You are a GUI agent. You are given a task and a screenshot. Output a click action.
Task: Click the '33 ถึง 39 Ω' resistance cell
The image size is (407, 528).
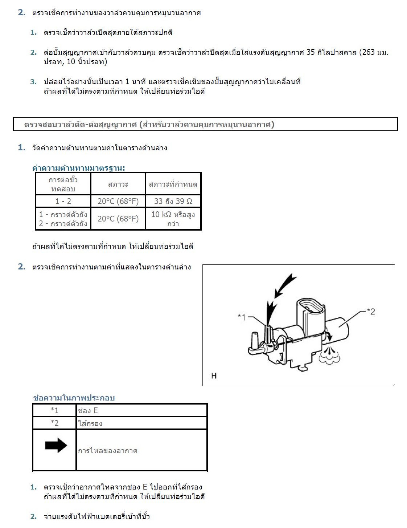[173, 201]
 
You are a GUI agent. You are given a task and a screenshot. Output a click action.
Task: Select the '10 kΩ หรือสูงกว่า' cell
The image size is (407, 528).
[173, 219]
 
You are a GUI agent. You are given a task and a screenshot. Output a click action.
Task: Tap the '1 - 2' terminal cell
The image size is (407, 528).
[63, 201]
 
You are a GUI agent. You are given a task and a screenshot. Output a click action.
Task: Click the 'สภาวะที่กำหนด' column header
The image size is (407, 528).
[173, 184]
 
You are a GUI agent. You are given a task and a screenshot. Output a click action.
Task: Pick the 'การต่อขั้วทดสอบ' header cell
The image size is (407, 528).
[63, 184]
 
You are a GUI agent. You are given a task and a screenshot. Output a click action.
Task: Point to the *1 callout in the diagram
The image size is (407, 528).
[242, 317]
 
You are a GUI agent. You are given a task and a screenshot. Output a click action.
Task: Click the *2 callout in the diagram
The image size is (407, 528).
[371, 312]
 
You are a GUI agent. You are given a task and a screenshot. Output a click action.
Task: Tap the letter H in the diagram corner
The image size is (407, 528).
[214, 376]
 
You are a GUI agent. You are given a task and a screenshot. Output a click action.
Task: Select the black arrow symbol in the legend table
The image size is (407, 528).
[55, 446]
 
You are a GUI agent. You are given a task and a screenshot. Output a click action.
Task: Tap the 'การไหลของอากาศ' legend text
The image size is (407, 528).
[108, 451]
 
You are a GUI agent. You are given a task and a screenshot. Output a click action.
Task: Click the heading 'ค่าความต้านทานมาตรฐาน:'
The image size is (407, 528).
[78, 168]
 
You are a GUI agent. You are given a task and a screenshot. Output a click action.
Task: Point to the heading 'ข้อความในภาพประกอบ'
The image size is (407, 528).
[74, 398]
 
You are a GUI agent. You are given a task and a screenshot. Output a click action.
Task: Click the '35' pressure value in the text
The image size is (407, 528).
[311, 52]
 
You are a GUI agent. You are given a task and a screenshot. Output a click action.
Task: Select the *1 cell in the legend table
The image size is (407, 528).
[54, 411]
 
